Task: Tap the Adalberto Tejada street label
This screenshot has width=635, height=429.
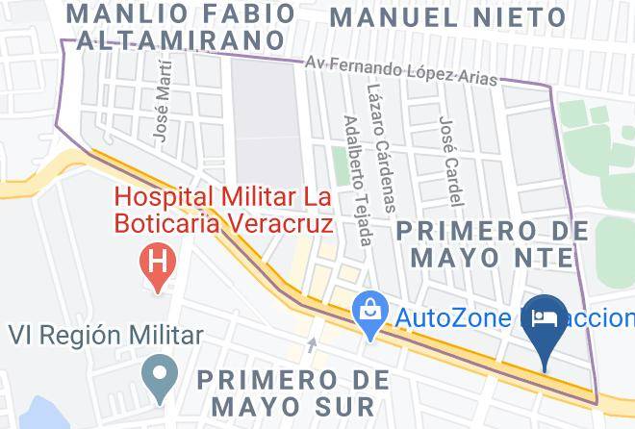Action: point(357,180)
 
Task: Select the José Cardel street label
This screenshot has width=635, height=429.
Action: point(449,161)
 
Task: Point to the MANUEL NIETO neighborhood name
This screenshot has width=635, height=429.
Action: point(448,17)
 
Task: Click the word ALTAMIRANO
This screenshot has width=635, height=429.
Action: point(179,41)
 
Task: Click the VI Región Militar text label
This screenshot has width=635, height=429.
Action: point(106,335)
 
